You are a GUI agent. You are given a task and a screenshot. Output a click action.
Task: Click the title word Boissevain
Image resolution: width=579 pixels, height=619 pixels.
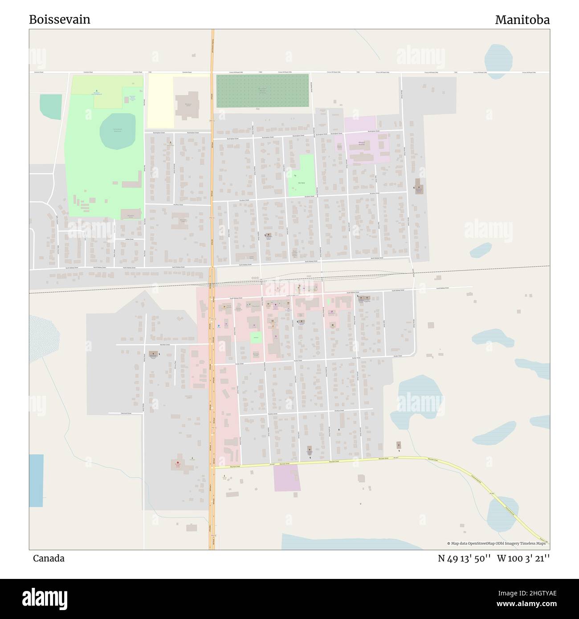click(60, 20)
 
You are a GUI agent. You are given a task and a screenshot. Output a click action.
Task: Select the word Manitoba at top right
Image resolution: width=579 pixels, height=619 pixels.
click(522, 20)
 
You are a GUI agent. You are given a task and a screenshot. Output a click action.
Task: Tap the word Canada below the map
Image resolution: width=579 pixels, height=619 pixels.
click(49, 558)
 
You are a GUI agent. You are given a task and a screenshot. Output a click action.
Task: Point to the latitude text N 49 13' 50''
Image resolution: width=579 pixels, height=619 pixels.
click(464, 558)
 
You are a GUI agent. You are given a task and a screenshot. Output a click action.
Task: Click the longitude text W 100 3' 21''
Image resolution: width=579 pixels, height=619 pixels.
click(523, 558)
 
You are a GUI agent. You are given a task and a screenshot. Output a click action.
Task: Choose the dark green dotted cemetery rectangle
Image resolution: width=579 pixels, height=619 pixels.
click(262, 90)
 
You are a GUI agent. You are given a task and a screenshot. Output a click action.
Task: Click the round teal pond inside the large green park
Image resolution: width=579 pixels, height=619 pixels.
click(118, 131)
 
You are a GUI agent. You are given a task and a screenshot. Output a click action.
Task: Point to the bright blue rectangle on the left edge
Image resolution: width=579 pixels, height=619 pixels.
click(37, 480)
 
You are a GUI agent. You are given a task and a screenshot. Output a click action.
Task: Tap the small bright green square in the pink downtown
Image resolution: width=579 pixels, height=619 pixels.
click(256, 338)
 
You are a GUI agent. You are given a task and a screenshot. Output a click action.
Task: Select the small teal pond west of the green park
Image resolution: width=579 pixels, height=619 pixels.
click(50, 107)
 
